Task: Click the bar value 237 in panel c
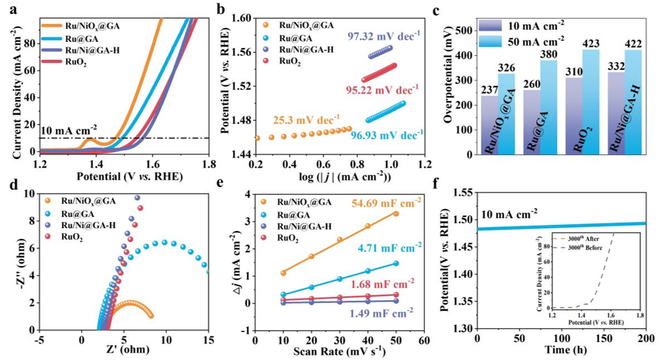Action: click(490, 90)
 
